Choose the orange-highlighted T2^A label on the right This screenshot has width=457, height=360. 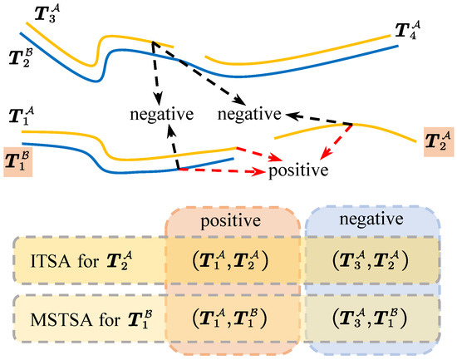click(x=438, y=141)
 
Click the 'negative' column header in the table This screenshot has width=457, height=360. click(x=361, y=224)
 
